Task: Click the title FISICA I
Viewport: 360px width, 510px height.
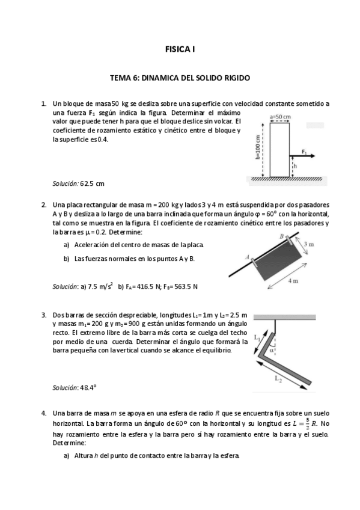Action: tap(180, 49)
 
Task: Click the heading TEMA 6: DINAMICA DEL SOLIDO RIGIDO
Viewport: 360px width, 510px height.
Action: tap(180, 78)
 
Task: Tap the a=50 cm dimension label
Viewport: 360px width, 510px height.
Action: tap(280, 117)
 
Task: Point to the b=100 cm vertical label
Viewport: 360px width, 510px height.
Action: tap(258, 147)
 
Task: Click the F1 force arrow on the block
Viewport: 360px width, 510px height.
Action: tap(302, 156)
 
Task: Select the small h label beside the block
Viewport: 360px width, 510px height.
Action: tap(295, 166)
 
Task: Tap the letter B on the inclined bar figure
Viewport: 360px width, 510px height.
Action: tap(282, 236)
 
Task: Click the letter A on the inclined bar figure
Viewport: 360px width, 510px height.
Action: tap(247, 257)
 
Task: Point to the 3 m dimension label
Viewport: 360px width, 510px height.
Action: tap(309, 244)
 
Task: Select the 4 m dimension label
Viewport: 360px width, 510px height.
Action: tap(293, 281)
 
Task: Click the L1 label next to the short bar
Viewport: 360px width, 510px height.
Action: tap(258, 338)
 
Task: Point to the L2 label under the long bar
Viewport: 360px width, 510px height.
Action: tap(278, 379)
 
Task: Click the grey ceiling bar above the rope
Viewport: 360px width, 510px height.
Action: tap(285, 317)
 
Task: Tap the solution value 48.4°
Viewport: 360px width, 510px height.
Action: tap(88, 388)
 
